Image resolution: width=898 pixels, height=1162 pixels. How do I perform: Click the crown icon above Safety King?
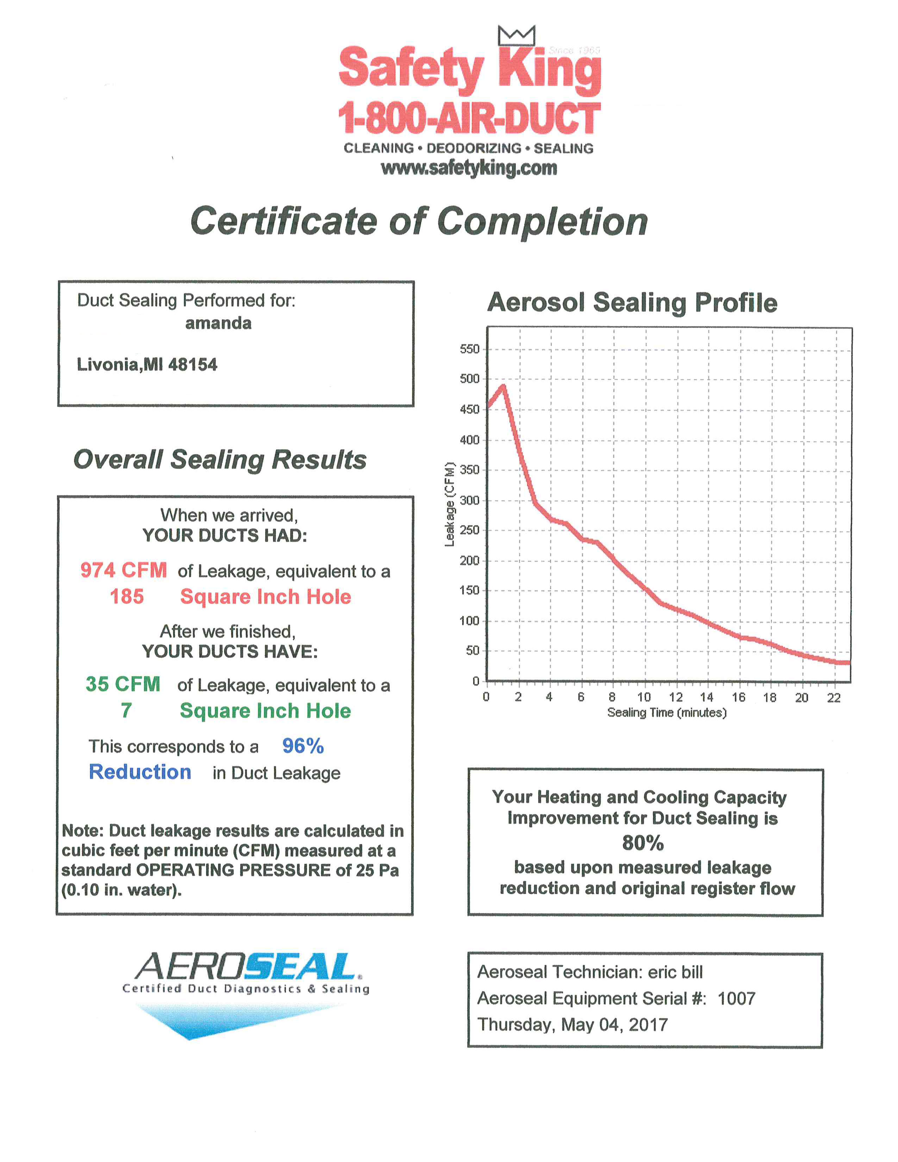click(516, 35)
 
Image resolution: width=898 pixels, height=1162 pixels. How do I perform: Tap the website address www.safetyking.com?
click(469, 168)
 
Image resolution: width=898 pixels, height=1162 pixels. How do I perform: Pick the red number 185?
click(127, 596)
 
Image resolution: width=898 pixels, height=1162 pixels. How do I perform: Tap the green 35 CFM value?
click(123, 684)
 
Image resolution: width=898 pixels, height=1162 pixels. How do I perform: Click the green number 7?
click(126, 710)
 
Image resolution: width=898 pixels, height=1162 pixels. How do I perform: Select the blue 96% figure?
click(303, 746)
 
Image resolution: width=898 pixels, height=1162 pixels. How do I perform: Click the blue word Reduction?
click(140, 772)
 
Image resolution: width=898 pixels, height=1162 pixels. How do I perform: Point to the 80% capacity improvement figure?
click(643, 843)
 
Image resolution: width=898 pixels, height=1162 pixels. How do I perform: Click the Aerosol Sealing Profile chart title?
click(632, 303)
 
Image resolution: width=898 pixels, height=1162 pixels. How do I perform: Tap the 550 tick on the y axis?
click(469, 349)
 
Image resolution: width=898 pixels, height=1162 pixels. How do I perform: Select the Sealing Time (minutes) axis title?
click(667, 712)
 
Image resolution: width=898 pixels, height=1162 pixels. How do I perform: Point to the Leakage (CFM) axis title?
click(450, 504)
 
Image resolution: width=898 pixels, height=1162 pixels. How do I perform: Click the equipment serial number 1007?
click(736, 999)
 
